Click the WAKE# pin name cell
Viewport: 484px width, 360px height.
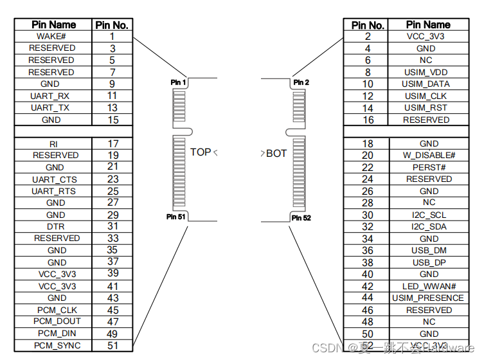coord(53,36)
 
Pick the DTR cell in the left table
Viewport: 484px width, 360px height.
coord(55,226)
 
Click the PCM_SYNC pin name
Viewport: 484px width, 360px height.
coord(55,346)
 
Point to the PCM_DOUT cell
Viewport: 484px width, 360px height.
coord(55,322)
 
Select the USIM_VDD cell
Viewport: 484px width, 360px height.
coord(426,72)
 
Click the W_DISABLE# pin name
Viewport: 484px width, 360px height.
coord(429,155)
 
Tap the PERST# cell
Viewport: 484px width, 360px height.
coord(429,167)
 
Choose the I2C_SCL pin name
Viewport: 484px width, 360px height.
coord(429,215)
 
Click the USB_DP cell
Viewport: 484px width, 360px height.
coord(429,262)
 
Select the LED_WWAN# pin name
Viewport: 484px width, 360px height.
coord(429,286)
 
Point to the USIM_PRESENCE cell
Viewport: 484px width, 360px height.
coord(427,298)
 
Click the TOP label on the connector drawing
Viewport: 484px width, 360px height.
coord(201,152)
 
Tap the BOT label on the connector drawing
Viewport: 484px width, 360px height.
coord(276,154)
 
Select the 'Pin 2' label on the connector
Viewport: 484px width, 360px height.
coord(301,82)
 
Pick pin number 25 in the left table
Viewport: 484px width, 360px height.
coord(112,191)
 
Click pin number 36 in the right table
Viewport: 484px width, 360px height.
coord(368,251)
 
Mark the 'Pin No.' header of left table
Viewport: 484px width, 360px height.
coord(112,25)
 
